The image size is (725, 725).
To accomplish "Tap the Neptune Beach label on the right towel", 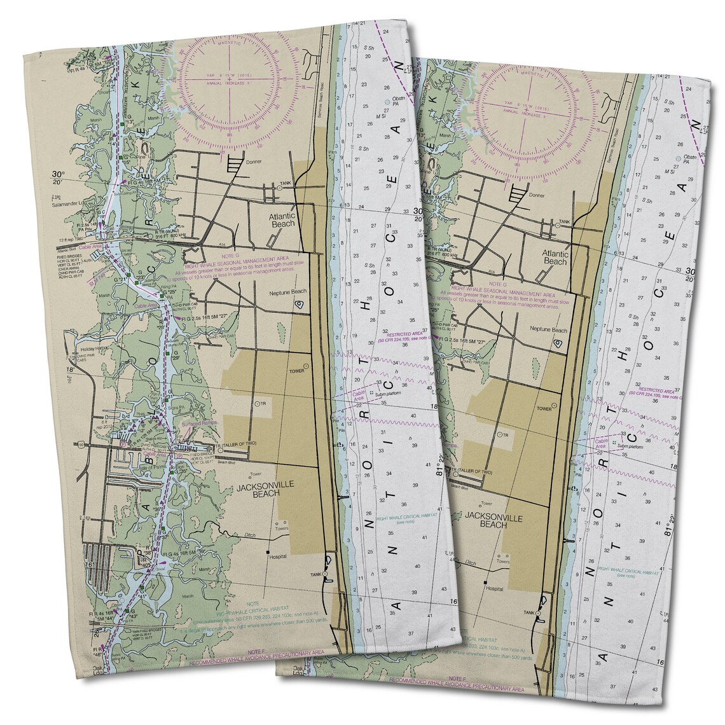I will coord(549,331).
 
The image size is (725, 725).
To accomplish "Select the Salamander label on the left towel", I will coord(70,206).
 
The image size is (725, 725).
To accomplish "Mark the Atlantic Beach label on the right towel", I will coord(555,257).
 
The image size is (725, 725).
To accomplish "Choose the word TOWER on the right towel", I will coord(544,408).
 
